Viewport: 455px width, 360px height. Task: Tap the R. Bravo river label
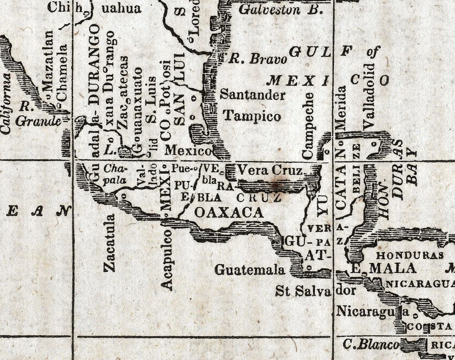tap(258, 59)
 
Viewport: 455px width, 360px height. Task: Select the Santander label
tap(253, 95)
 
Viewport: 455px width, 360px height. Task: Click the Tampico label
tap(252, 116)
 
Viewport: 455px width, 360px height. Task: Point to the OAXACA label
tap(229, 212)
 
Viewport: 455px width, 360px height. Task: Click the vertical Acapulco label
tap(166, 259)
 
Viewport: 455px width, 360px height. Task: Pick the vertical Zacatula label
tap(109, 243)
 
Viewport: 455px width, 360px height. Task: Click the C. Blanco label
tap(371, 345)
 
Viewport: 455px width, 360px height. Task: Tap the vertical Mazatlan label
tap(48, 67)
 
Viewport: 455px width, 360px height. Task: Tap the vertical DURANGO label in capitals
tap(94, 65)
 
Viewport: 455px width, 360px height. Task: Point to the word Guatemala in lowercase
tap(250, 270)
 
